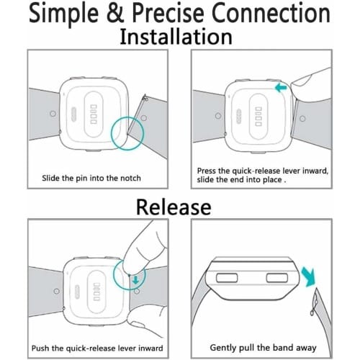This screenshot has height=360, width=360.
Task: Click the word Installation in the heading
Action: click(176, 37)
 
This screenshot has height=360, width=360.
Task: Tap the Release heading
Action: click(174, 207)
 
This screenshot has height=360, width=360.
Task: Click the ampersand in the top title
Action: click(115, 13)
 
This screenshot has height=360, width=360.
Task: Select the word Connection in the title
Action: click(271, 13)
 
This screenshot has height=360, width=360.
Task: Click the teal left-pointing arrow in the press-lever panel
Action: click(281, 88)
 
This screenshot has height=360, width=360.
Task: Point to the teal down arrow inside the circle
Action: click(136, 280)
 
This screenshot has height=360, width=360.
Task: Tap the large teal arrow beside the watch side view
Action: click(308, 276)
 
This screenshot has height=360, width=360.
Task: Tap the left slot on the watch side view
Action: click(227, 278)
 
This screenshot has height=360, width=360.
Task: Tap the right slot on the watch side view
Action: click(277, 278)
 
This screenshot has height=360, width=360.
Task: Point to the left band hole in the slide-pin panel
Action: click(53, 114)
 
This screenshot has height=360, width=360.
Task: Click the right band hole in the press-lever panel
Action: click(302, 119)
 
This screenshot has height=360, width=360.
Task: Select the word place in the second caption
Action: click(271, 180)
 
